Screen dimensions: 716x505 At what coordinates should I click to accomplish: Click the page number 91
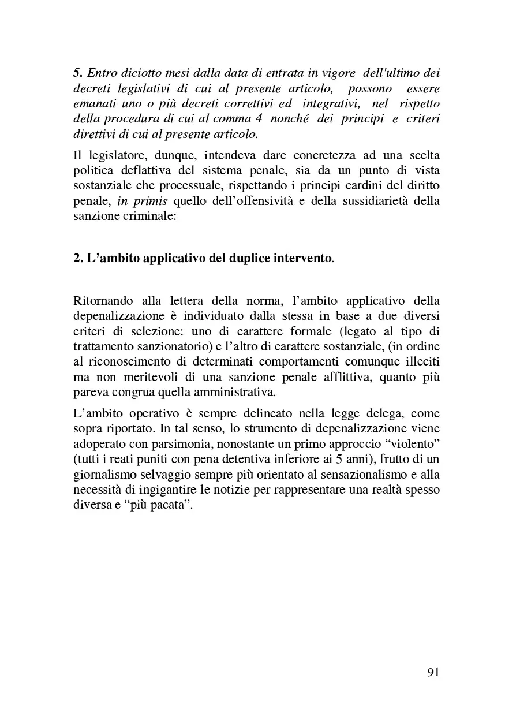pos(433,672)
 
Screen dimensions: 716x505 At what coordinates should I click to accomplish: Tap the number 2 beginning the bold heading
pos(78,257)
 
